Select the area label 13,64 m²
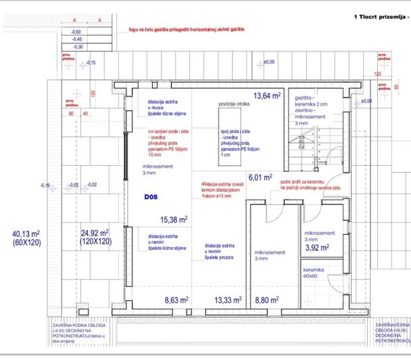[267, 96]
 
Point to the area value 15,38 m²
[174, 219]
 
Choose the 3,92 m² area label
[318, 248]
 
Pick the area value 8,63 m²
[178, 299]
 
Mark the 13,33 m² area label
[228, 299]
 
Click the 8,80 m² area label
[266, 299]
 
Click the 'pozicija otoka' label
[233, 104]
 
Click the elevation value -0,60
[76, 32]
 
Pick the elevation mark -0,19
[45, 185]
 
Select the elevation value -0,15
[91, 63]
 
